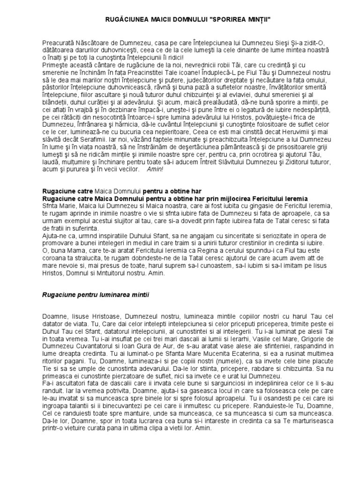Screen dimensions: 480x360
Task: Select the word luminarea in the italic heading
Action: [x=118, y=294]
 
